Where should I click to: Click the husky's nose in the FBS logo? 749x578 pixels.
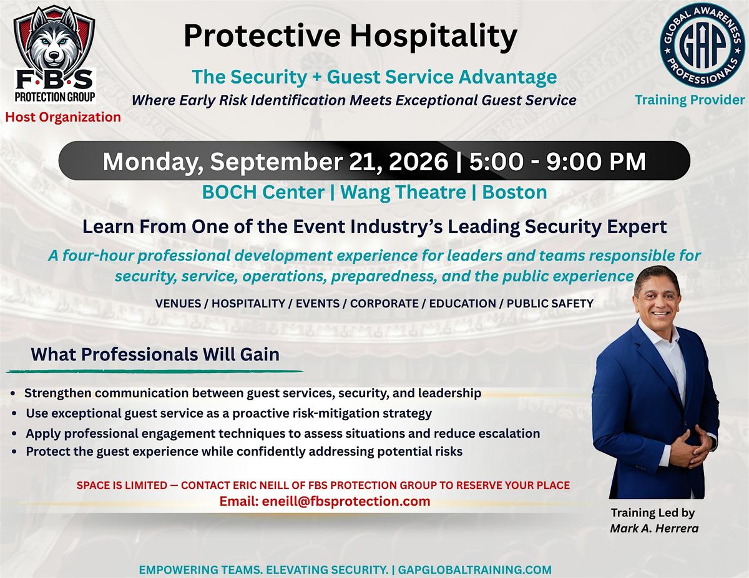click(x=54, y=54)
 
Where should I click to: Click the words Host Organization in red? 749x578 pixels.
click(x=63, y=117)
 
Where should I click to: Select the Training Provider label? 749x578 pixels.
click(x=690, y=100)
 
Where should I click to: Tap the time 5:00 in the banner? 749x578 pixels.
click(x=496, y=161)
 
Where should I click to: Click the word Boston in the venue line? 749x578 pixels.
click(x=514, y=192)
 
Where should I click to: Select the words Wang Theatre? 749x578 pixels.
click(x=403, y=193)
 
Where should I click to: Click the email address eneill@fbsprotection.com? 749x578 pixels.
click(x=346, y=501)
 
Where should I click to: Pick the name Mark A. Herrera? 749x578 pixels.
click(x=654, y=528)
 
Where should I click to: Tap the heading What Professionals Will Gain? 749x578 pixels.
click(x=155, y=355)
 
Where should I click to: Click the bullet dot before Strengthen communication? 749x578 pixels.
click(x=13, y=393)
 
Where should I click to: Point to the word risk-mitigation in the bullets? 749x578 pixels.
click(x=330, y=413)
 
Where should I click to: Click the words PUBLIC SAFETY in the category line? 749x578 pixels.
click(x=550, y=304)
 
